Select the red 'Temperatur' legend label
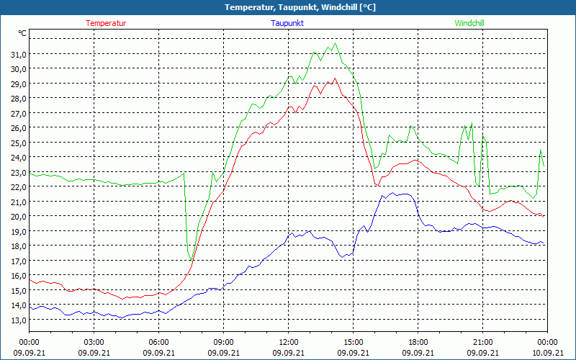106,23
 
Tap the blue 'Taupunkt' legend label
287,23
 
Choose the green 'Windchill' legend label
469,23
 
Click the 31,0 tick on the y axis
18,54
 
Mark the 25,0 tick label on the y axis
18,143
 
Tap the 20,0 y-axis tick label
18,216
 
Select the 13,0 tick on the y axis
18,320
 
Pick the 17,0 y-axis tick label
18,261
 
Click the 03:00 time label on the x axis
94,342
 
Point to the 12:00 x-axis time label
289,342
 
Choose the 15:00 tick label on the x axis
354,342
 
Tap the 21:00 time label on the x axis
483,342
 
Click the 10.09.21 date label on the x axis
547,352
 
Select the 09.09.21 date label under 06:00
159,352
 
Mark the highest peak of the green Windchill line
335,43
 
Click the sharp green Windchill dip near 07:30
190,260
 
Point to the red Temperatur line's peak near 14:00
334,78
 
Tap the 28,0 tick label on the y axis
18,99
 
